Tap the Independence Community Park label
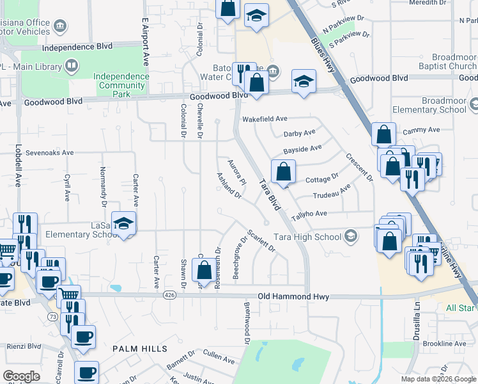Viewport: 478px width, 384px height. tap(121, 85)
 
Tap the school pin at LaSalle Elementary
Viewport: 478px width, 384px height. tap(124, 224)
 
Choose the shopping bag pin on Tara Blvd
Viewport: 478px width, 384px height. tap(283, 172)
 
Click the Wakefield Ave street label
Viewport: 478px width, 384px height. tap(265, 119)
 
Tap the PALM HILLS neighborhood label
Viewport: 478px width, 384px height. tap(139, 349)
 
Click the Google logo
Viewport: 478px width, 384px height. tap(20, 376)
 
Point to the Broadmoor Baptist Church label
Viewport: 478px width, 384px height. tap(445, 61)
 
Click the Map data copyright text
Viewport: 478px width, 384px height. tap(438, 379)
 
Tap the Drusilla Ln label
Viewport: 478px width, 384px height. tap(417, 318)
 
